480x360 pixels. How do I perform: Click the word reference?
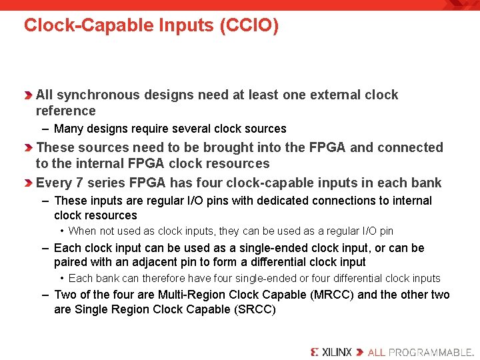[65, 111]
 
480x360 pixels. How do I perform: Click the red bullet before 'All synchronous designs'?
[30, 95]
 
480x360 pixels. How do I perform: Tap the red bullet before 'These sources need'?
[30, 147]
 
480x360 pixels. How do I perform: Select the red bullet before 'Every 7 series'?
[30, 183]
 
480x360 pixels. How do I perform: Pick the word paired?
[70, 262]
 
